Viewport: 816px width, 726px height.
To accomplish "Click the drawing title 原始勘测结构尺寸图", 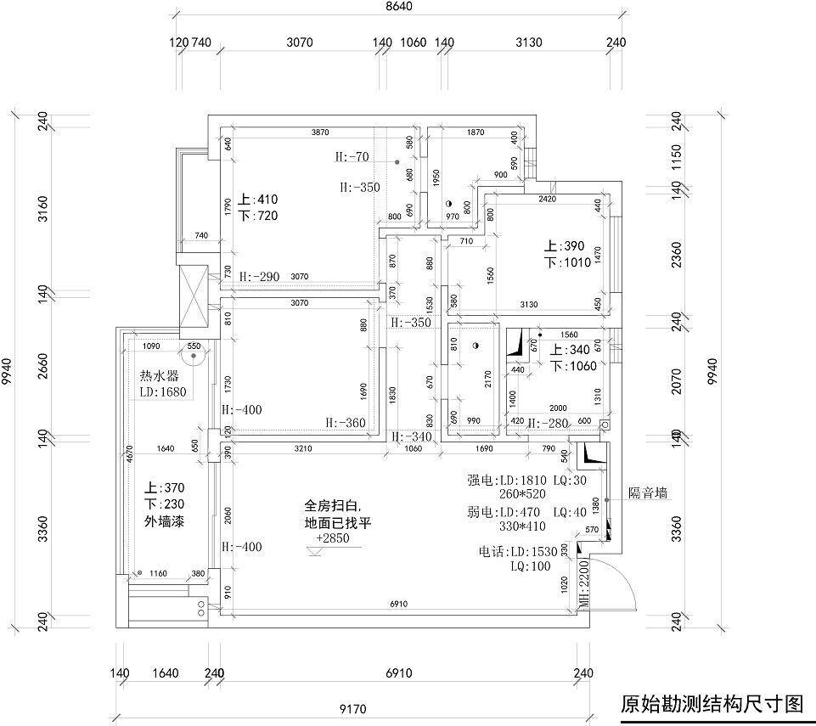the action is [712, 703].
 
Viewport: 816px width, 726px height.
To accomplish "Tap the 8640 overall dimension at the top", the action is [397, 7].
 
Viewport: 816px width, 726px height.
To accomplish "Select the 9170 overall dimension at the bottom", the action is [352, 707].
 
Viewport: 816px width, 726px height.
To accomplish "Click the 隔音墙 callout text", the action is [648, 492].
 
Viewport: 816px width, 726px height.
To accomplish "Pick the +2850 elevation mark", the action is [332, 538].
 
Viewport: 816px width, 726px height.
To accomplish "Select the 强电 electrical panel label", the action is [478, 480].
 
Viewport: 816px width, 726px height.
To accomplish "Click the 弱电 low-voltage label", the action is [478, 512].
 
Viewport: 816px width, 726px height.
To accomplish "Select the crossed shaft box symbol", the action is [194, 297].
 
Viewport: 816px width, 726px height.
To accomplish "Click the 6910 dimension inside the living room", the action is [397, 604].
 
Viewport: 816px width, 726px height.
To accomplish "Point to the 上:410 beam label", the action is [257, 200].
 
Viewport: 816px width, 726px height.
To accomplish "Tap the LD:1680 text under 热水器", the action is [163, 392].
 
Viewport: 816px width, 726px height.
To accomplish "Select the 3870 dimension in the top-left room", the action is [320, 132].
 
